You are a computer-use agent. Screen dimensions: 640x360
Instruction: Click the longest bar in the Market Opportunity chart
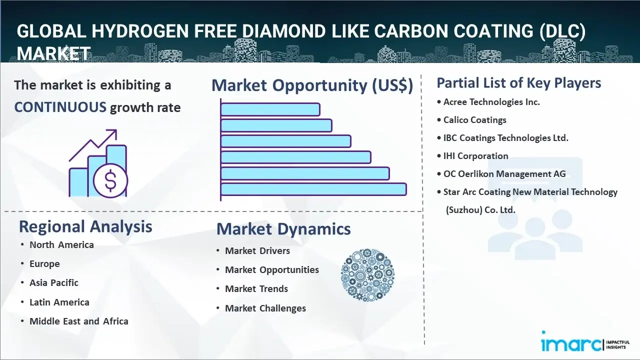coord(313,189)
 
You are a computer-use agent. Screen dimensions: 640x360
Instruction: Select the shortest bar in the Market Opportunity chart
coord(270,109)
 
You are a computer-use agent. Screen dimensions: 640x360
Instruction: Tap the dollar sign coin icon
coord(110,181)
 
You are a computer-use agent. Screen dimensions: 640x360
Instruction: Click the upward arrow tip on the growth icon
coord(116,130)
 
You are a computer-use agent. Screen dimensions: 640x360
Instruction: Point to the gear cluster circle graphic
coord(367,275)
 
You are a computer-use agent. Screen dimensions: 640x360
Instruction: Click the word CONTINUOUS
coord(60,107)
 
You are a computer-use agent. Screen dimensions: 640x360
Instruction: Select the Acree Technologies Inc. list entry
coord(491,102)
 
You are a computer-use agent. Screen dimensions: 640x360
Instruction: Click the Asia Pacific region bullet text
coord(54,283)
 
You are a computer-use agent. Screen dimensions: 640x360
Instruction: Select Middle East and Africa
coord(79,321)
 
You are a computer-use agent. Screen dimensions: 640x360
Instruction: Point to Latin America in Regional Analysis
coord(59,302)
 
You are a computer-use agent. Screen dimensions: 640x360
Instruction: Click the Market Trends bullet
coord(256,289)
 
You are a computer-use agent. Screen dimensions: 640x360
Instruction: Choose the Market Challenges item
coord(265,308)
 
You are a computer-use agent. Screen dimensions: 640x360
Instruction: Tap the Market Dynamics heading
coord(283,229)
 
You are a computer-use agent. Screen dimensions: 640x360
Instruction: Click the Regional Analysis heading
coord(85,227)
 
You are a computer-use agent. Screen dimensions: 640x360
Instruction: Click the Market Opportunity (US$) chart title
coord(312,85)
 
